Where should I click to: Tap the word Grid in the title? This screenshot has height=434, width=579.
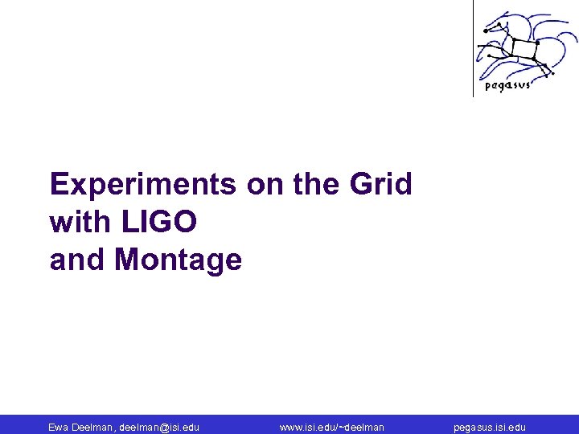pyautogui.click(x=380, y=185)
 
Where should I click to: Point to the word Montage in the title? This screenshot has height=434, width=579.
pyautogui.click(x=178, y=260)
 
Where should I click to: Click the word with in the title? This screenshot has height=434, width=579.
pyautogui.click(x=76, y=223)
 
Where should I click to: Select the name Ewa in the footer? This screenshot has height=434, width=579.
pyautogui.click(x=59, y=428)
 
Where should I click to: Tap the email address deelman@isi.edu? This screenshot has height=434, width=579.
pyautogui.click(x=158, y=428)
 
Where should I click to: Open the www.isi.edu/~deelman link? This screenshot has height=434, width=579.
pyautogui.click(x=331, y=428)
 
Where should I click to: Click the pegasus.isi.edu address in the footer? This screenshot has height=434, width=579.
pyautogui.click(x=490, y=428)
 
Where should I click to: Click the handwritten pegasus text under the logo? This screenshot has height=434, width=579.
pyautogui.click(x=507, y=85)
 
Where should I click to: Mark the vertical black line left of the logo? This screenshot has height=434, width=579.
pyautogui.click(x=473, y=48)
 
